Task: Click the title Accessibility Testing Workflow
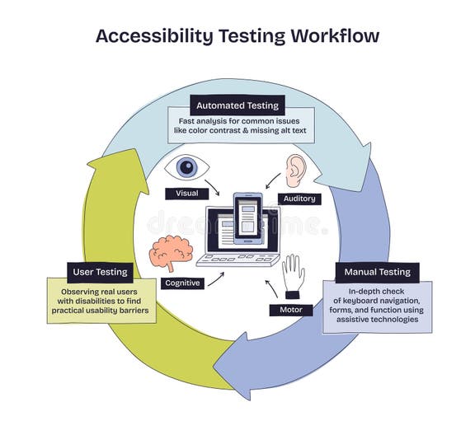(x=237, y=36)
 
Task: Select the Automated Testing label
(x=237, y=105)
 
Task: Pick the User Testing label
(x=98, y=271)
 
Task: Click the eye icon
(x=187, y=168)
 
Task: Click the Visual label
(x=186, y=194)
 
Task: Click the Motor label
(x=290, y=310)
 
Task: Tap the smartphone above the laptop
(x=247, y=217)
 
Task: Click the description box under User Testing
(x=101, y=301)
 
